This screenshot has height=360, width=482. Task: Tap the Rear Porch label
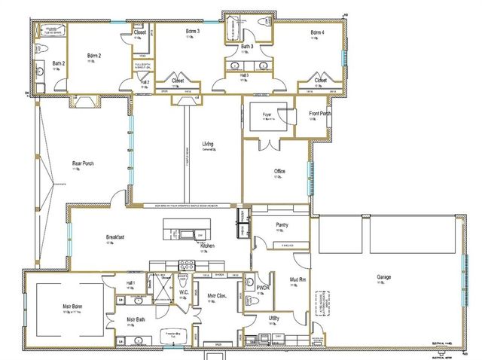(82, 163)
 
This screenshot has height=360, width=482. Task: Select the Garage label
(383, 277)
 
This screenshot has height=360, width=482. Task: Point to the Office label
(279, 172)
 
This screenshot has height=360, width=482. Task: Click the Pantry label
(282, 224)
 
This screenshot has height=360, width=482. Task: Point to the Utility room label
(274, 319)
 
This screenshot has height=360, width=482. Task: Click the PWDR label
(263, 288)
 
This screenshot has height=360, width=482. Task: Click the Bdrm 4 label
(317, 33)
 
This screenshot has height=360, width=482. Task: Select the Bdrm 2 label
(94, 56)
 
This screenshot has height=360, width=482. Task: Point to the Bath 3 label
(246, 47)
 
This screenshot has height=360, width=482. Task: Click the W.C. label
(183, 292)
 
